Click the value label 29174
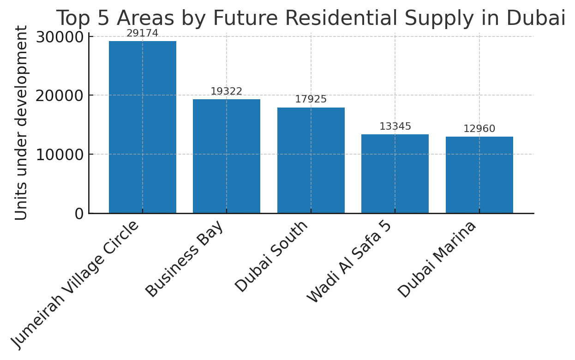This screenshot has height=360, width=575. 142,33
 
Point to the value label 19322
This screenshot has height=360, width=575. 226,91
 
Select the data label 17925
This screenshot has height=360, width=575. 311,99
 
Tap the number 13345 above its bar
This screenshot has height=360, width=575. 395,126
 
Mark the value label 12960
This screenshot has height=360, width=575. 479,129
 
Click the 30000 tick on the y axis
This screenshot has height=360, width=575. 60,37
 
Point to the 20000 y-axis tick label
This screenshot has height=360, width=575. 60,96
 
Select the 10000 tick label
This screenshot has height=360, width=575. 60,155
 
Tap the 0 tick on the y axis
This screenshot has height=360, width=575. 79,214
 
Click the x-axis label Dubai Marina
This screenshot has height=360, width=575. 437,259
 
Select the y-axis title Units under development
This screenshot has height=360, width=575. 21,123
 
